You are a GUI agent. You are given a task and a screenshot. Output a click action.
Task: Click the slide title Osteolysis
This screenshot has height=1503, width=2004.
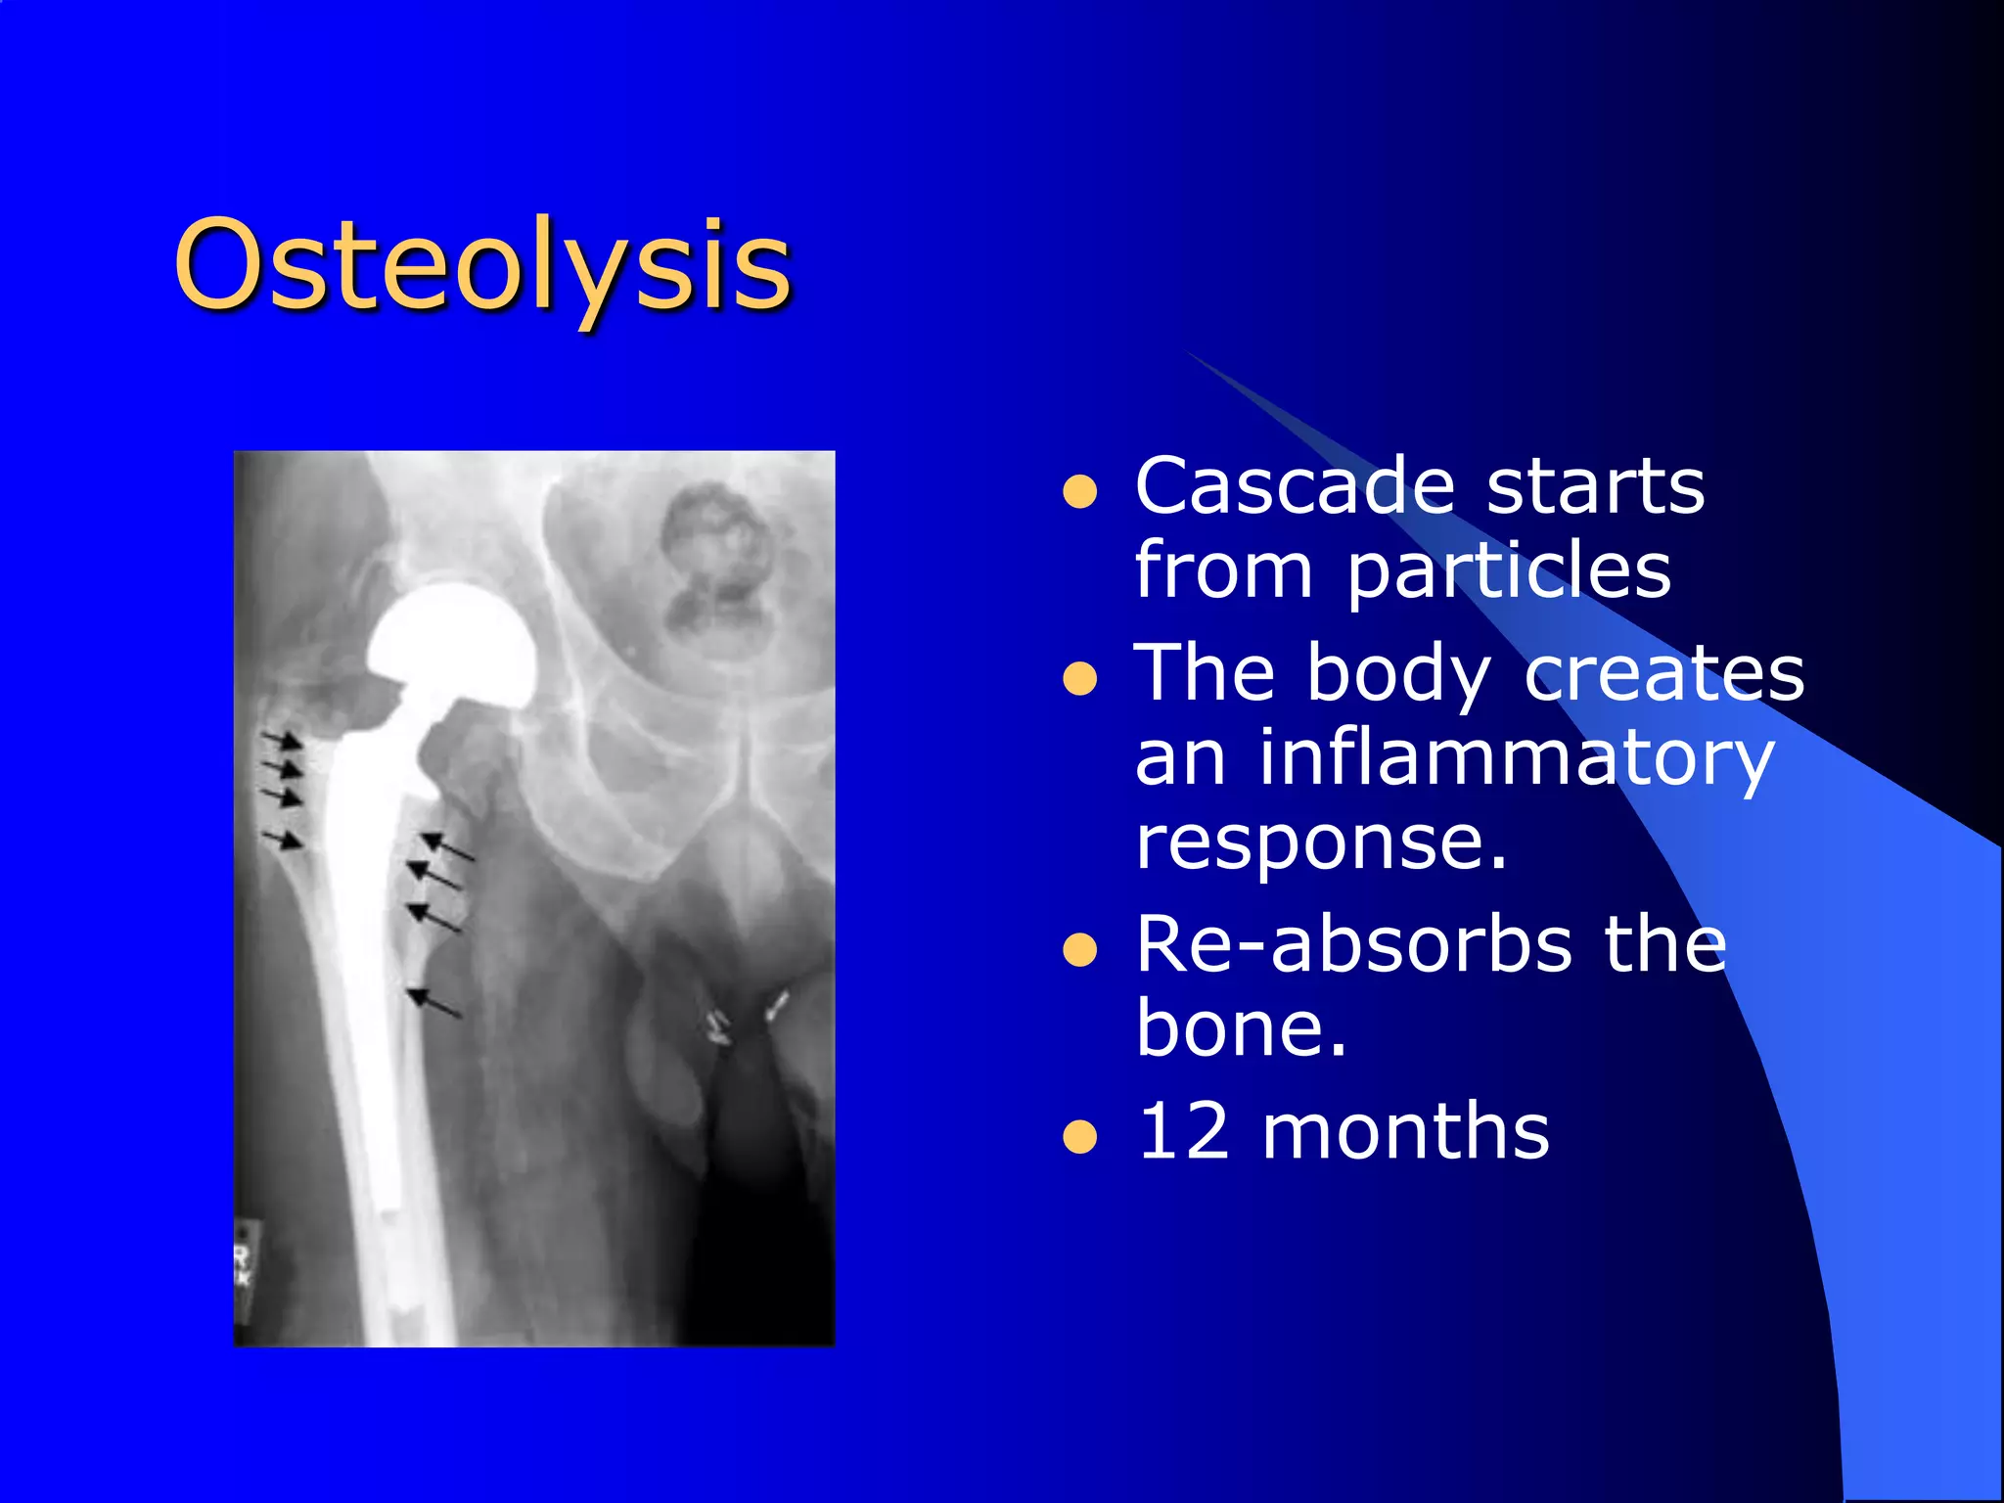click(x=481, y=265)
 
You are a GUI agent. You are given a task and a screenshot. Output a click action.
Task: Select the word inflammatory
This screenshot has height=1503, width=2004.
click(x=1516, y=758)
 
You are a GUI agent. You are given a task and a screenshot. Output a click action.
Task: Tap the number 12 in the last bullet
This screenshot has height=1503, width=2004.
click(x=1182, y=1132)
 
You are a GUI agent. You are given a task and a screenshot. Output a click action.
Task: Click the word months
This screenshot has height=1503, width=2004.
click(x=1405, y=1132)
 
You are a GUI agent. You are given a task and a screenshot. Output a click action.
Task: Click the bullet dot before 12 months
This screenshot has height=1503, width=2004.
click(x=1079, y=1137)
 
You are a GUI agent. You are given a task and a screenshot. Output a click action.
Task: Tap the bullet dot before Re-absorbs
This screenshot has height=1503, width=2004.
click(x=1079, y=949)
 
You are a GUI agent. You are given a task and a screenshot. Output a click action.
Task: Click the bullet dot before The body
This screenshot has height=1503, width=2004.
click(x=1079, y=678)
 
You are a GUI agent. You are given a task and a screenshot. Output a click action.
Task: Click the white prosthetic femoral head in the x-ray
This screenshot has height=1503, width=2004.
click(x=452, y=641)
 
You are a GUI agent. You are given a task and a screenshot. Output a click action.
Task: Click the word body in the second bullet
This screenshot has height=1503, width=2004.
click(x=1398, y=675)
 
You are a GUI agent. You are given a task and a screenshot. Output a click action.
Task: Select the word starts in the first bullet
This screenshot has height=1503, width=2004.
click(x=1595, y=486)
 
